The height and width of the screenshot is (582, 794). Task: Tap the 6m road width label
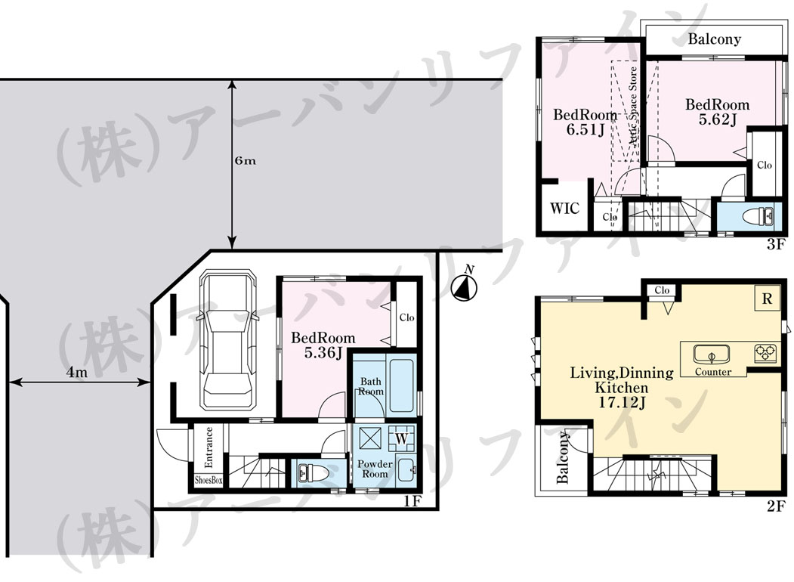click(x=245, y=160)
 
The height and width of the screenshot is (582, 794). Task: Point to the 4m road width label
click(x=77, y=373)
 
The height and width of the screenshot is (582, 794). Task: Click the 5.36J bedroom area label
click(x=323, y=353)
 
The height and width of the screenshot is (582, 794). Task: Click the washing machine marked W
click(x=402, y=438)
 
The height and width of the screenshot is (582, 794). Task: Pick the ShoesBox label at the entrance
click(x=209, y=480)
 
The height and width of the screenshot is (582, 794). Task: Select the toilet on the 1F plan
click(x=314, y=474)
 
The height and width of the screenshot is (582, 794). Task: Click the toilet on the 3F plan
click(x=758, y=217)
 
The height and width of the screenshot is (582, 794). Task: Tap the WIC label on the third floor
click(x=564, y=208)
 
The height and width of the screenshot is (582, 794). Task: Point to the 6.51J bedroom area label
click(x=585, y=130)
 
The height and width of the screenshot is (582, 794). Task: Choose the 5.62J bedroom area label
click(x=717, y=119)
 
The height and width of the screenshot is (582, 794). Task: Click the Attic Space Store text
click(x=633, y=107)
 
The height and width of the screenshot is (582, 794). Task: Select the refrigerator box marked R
click(x=767, y=299)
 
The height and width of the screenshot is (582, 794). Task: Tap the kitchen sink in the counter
click(x=712, y=354)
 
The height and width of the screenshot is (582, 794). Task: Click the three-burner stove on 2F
click(x=765, y=352)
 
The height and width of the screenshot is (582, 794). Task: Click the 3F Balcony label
click(x=714, y=39)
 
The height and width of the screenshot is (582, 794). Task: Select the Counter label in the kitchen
click(x=713, y=372)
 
